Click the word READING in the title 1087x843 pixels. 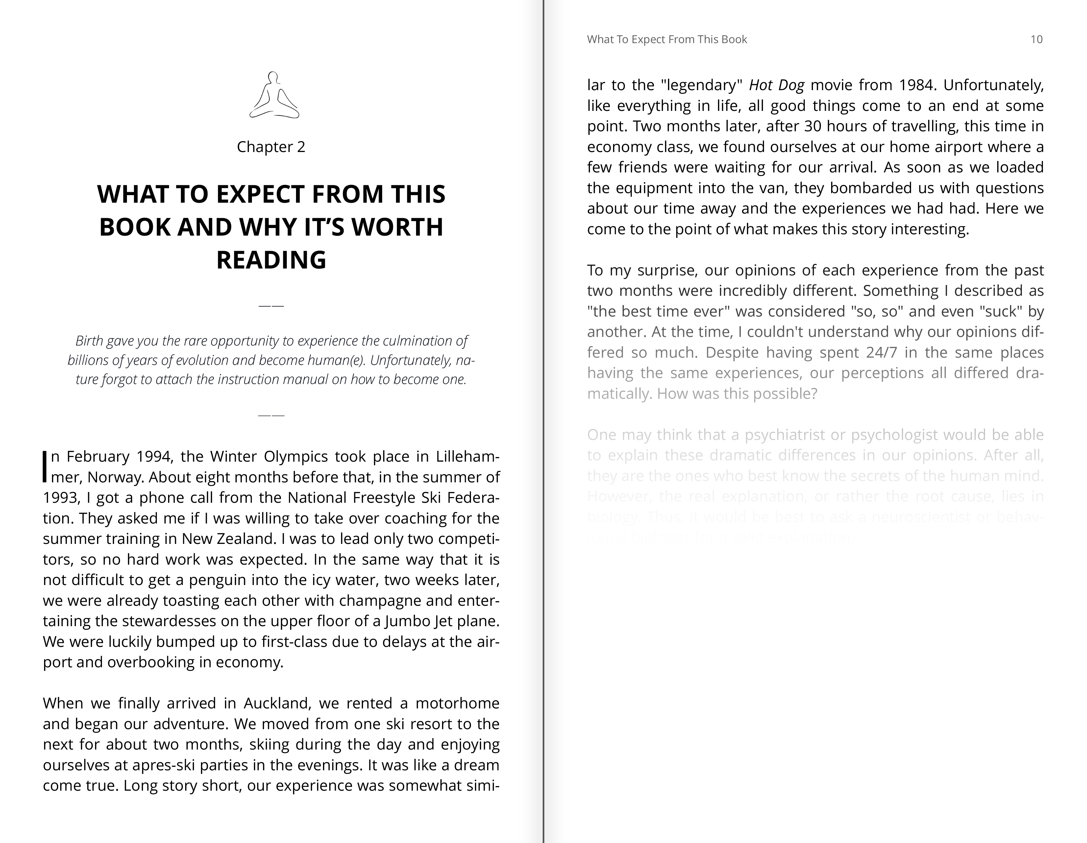click(x=271, y=260)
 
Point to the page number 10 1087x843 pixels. click(x=1036, y=39)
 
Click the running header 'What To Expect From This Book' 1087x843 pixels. click(x=667, y=39)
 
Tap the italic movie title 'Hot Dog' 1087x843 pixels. click(x=777, y=85)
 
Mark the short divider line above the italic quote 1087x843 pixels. click(x=271, y=306)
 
